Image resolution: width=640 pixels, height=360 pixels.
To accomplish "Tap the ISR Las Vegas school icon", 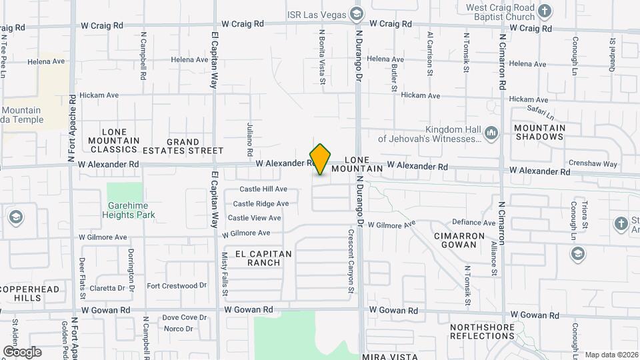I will pyautogui.click(x=357, y=13).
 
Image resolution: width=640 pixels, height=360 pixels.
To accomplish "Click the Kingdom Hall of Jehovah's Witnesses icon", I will pyautogui.click(x=491, y=134).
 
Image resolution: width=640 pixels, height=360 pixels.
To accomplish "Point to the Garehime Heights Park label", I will pyautogui.click(x=129, y=210).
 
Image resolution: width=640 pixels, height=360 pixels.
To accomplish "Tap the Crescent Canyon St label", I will pyautogui.click(x=351, y=261).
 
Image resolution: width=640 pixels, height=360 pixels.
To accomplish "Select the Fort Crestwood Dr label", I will pyautogui.click(x=172, y=286).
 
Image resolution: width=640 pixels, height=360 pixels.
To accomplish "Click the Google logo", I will pyautogui.click(x=22, y=351).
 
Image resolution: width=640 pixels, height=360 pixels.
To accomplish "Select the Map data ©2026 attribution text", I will pyautogui.click(x=611, y=355).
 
